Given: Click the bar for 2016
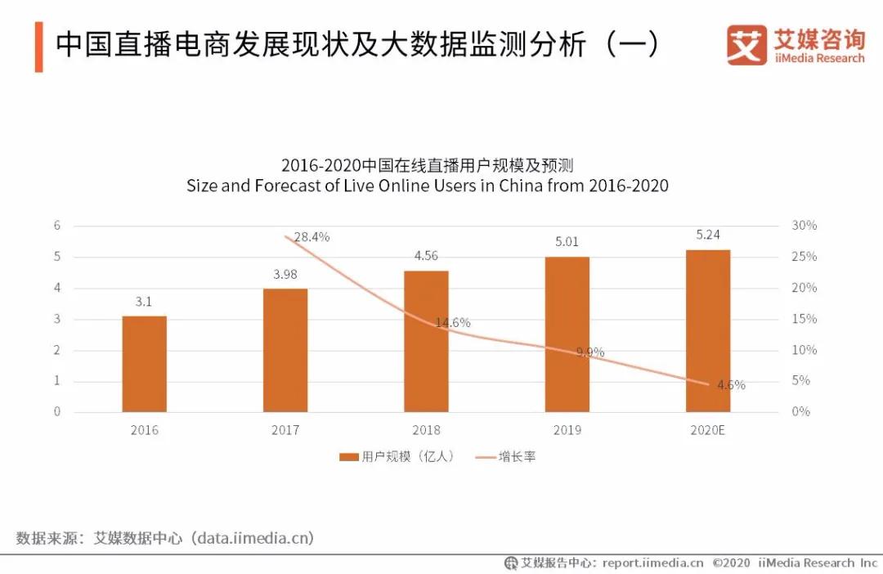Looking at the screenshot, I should tap(145, 364).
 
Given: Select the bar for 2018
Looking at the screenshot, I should tap(426, 341).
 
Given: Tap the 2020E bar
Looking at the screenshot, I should tap(708, 330).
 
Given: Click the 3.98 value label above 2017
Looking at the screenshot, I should tap(285, 274).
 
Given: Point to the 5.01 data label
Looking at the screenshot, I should tap(567, 242).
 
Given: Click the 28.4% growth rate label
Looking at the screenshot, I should tap(312, 237).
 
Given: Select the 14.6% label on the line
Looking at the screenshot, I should tap(452, 323).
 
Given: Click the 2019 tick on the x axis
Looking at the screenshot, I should tap(567, 430).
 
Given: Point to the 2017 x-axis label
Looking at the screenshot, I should tap(285, 430).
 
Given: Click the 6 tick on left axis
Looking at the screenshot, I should tap(57, 226).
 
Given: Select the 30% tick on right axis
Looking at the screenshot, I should tap(805, 226).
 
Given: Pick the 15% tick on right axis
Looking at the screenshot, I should tap(805, 319).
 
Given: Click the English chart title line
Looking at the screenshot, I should tap(427, 186).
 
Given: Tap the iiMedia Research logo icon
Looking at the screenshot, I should tap(746, 45).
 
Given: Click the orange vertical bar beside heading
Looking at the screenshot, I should tap(38, 47).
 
